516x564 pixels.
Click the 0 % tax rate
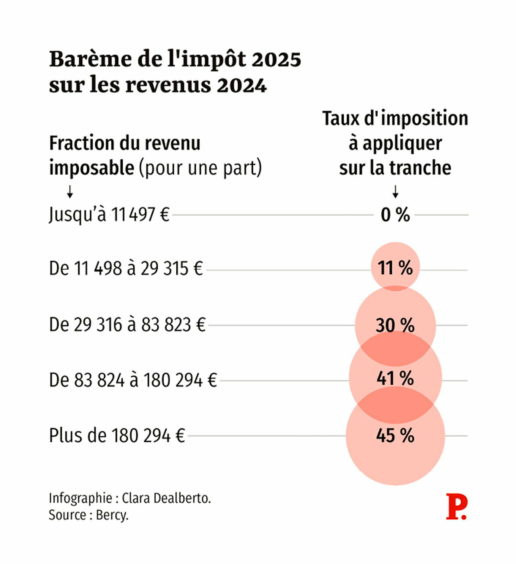[x=395, y=215]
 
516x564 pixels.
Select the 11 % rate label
[x=395, y=268]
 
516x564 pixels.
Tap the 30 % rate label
[x=395, y=325]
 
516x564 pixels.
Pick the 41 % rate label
[x=395, y=379]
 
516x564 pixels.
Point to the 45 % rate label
[x=395, y=435]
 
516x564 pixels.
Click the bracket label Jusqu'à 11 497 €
[x=109, y=214]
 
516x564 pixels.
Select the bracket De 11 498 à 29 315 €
[x=125, y=268]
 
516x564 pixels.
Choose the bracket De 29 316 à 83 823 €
[x=127, y=325]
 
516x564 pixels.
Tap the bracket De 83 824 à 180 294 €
[x=133, y=380]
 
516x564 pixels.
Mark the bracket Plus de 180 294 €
[x=117, y=435]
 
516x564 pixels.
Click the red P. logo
[x=456, y=507]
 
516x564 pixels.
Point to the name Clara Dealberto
[x=166, y=498]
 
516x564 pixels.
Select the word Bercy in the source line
[x=112, y=515]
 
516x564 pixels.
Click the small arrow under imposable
[x=70, y=192]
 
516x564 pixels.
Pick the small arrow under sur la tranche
[x=395, y=191]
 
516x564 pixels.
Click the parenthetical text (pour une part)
[x=200, y=168]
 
